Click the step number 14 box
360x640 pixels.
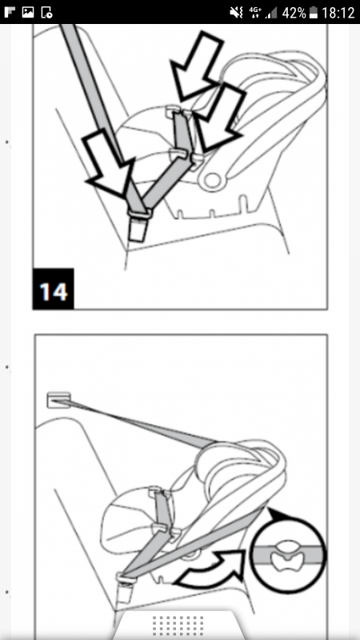(x=54, y=289)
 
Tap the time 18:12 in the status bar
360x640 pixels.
(x=338, y=13)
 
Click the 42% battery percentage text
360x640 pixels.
(x=294, y=13)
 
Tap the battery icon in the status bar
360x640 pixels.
(x=314, y=13)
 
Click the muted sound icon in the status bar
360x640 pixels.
(x=237, y=13)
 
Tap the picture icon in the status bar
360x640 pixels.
(x=28, y=12)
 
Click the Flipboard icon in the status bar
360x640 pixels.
(x=10, y=12)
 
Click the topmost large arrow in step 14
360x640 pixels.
(x=196, y=66)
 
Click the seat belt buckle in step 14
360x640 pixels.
(x=138, y=226)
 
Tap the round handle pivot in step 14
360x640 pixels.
(x=213, y=181)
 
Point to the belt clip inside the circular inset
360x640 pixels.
(x=289, y=556)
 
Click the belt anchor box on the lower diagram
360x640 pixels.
(x=58, y=400)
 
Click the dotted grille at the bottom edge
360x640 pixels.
(x=178, y=626)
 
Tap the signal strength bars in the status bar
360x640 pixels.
(x=271, y=13)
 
